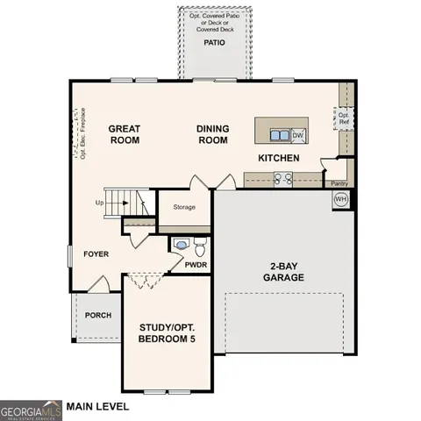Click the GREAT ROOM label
click(125, 134)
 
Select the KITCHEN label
click(278, 159)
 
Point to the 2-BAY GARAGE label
click(282, 271)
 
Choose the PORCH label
click(96, 316)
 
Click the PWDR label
click(195, 263)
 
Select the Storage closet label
click(183, 208)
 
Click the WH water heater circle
click(340, 199)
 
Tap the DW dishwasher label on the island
click(297, 135)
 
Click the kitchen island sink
click(278, 135)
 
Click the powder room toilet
click(199, 243)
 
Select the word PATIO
click(214, 42)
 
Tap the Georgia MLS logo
click(30, 409)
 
